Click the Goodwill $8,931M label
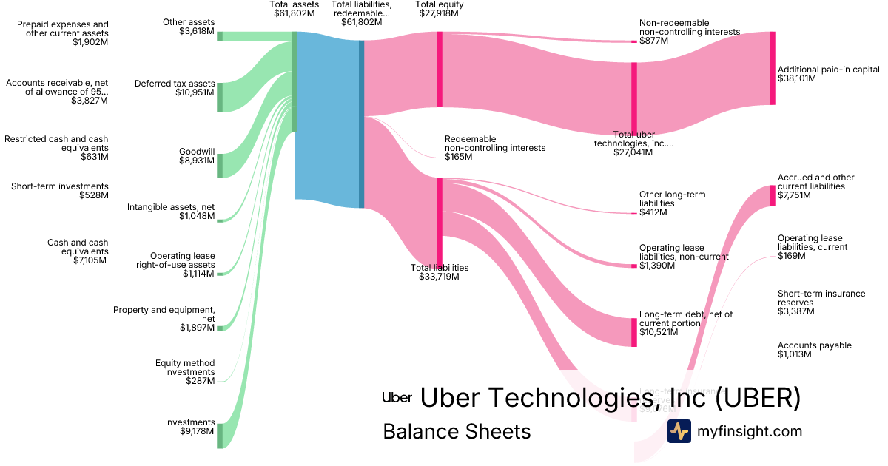click(x=196, y=155)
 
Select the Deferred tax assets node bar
click(x=220, y=98)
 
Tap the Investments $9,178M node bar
click(x=220, y=436)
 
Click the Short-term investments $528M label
click(x=60, y=191)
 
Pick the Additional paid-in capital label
click(x=828, y=73)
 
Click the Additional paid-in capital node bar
click(x=773, y=68)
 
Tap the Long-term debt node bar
click(x=634, y=332)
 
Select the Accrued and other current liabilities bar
click(x=773, y=195)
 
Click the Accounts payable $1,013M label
click(x=814, y=350)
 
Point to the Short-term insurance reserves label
click(x=821, y=303)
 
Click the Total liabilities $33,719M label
click(x=440, y=272)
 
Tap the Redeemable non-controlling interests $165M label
click(x=494, y=148)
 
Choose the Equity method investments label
click(x=185, y=372)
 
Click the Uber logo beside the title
click(x=397, y=397)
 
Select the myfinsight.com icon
click(x=679, y=431)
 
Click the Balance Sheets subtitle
click(x=457, y=431)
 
